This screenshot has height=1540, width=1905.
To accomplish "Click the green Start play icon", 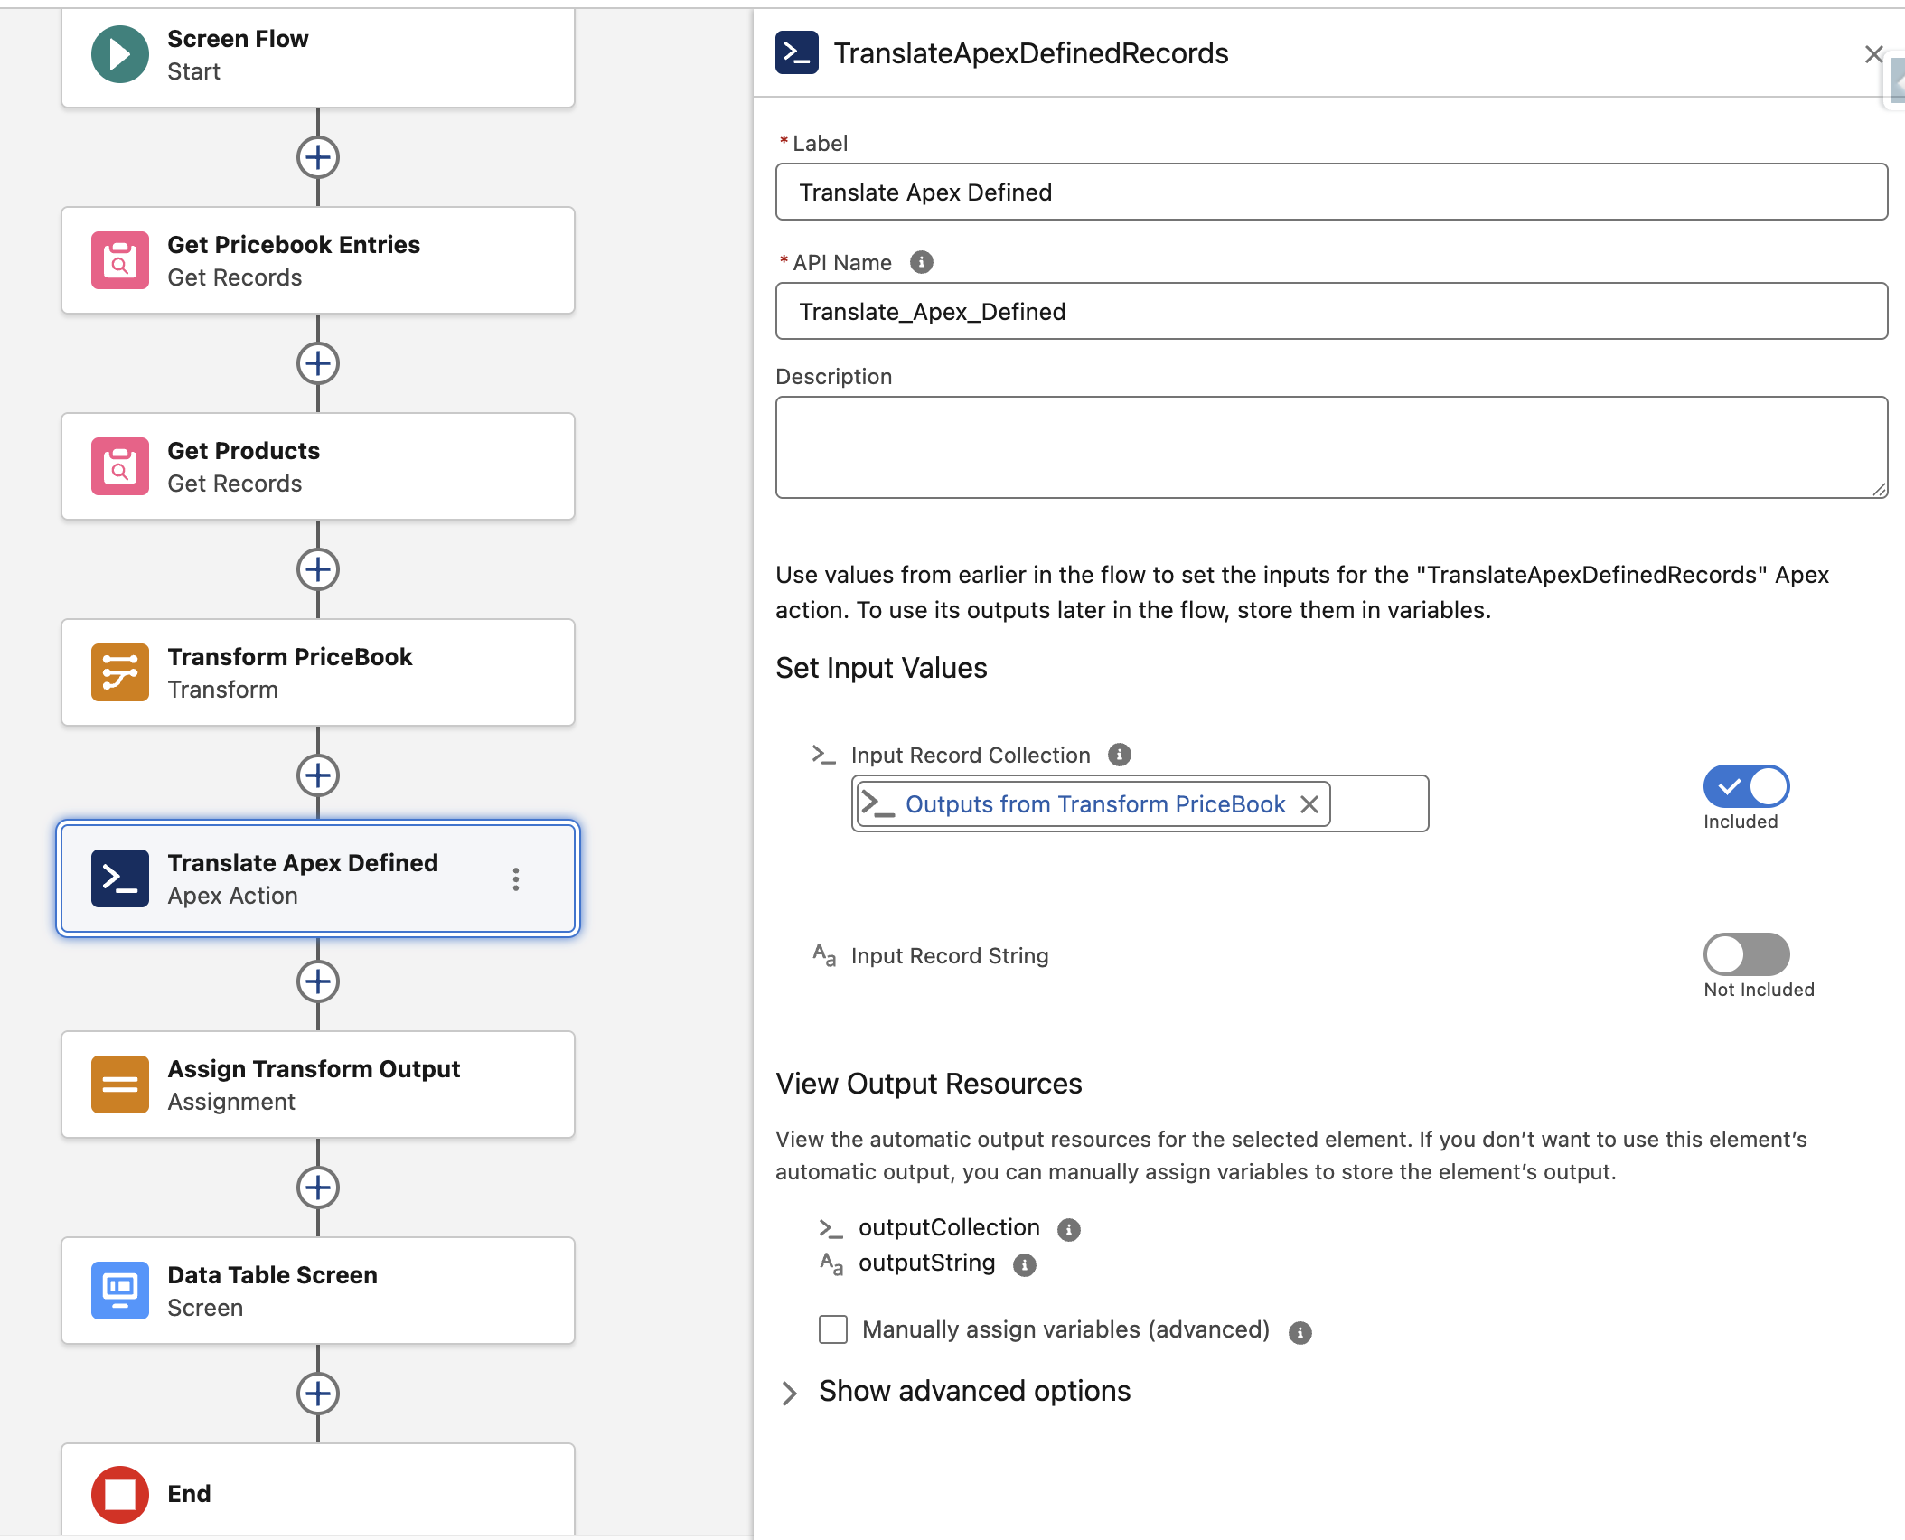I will (x=120, y=55).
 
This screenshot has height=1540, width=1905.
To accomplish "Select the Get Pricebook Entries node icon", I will (x=120, y=261).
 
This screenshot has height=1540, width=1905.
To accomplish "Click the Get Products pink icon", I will (x=120, y=467).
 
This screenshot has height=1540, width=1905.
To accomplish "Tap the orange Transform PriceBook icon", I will (x=120, y=673).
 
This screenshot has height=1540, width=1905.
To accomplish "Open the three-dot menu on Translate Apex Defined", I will (x=516, y=879).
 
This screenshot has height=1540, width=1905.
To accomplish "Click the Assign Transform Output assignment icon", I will (x=120, y=1085).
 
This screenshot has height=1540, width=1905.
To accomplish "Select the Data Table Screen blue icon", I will (x=120, y=1291).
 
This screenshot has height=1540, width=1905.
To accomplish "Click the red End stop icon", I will (x=120, y=1494).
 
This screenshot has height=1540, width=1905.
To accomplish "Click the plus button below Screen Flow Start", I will (x=318, y=157).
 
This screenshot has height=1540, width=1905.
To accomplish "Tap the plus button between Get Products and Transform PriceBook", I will (x=318, y=569).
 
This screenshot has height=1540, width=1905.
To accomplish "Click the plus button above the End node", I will (x=318, y=1394).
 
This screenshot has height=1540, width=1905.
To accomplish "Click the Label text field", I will (x=1331, y=192).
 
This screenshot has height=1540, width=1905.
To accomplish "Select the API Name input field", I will (x=1331, y=312).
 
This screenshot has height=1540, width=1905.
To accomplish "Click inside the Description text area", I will (x=1331, y=447).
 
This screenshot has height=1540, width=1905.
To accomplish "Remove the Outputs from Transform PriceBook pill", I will (x=1309, y=804).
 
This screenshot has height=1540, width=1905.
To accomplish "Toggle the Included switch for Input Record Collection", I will (x=1746, y=786).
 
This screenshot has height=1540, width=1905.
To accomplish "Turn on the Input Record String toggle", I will (x=1746, y=954).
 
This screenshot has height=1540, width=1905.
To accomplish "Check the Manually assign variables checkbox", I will (x=833, y=1329).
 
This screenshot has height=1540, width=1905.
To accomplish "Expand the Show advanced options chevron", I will (x=790, y=1393).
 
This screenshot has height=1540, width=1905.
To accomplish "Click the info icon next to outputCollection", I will (x=1069, y=1229).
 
